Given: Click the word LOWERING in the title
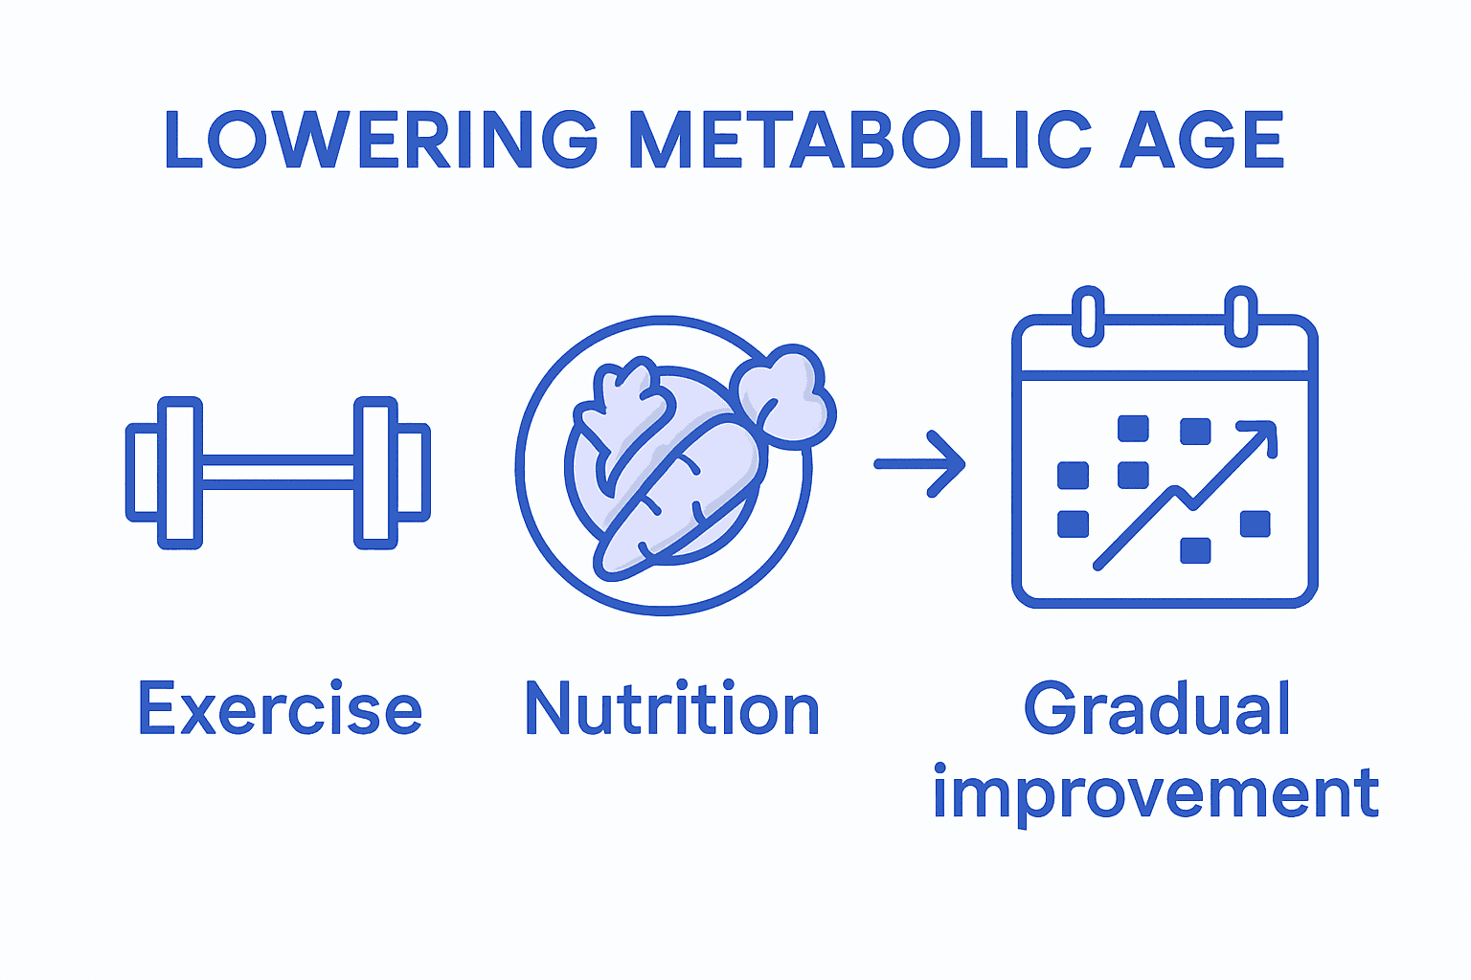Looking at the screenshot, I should (381, 140).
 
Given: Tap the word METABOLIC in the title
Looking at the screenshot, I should (859, 140).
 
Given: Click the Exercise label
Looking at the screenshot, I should (280, 709).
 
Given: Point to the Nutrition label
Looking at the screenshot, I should (672, 709).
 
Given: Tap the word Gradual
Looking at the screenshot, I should (1157, 709).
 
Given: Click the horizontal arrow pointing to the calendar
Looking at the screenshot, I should (919, 464).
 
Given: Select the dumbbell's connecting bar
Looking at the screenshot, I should (278, 473).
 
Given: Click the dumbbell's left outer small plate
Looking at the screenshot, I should (144, 473).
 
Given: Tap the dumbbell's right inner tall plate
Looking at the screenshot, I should (375, 473).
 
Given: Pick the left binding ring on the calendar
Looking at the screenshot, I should (1088, 316).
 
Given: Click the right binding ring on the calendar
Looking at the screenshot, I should (1240, 316).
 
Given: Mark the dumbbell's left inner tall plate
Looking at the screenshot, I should (179, 473).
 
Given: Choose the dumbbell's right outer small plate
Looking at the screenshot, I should (412, 473).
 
